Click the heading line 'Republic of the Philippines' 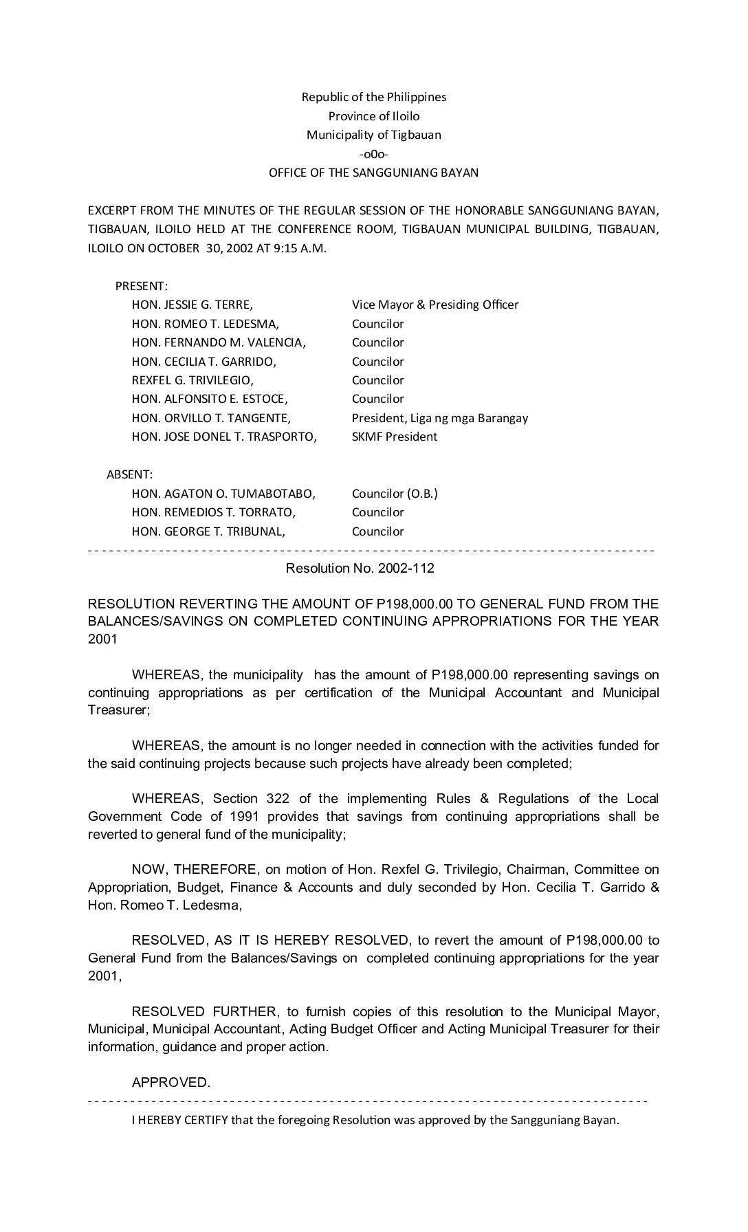[x=373, y=97]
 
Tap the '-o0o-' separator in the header [x=373, y=154]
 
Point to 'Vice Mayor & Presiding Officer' [x=435, y=305]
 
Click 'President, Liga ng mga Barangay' [x=440, y=418]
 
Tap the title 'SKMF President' [x=395, y=437]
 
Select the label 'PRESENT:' [x=142, y=286]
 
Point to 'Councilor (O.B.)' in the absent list [x=395, y=494]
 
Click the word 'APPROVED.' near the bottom [x=171, y=1083]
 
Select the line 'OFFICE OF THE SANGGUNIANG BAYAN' [x=373, y=173]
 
